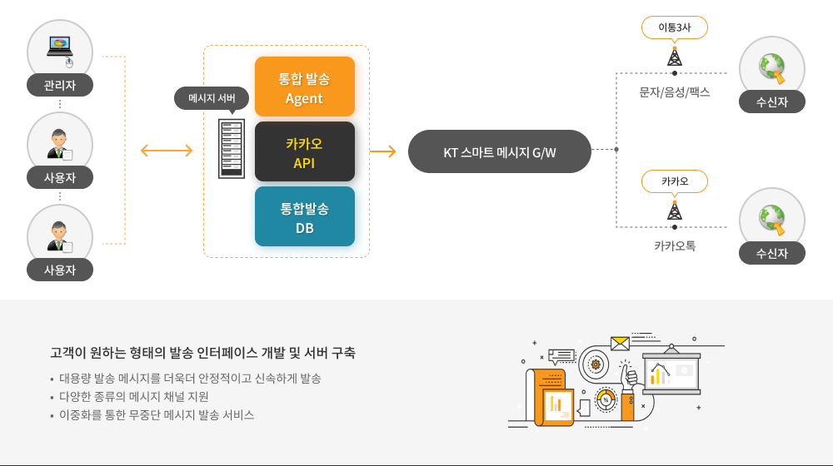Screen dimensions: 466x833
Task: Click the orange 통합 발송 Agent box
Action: [x=304, y=87]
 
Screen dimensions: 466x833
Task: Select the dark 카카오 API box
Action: [x=304, y=151]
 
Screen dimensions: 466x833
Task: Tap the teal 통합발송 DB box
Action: [x=304, y=216]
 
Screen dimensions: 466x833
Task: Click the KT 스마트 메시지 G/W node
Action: [x=499, y=151]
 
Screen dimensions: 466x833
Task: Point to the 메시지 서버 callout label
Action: [x=212, y=98]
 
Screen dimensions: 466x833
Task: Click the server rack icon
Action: [x=232, y=149]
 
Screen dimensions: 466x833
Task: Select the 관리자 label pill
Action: [x=60, y=85]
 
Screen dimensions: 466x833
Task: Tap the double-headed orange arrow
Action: [x=167, y=151]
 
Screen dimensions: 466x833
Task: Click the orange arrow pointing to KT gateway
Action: [x=382, y=151]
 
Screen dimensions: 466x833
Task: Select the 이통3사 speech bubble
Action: [x=674, y=27]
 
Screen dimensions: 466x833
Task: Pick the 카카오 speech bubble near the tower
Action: [x=674, y=181]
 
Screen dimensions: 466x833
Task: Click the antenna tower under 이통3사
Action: [x=674, y=57]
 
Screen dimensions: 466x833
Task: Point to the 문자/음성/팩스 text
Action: [x=674, y=92]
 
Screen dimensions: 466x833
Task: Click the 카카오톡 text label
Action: [x=674, y=245]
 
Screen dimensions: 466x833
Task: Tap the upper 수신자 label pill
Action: [x=772, y=102]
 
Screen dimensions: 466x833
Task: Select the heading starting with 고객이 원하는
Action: [x=202, y=352]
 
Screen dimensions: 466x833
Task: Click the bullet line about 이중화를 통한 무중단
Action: [x=157, y=414]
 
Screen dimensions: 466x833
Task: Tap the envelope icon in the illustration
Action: [x=620, y=343]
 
